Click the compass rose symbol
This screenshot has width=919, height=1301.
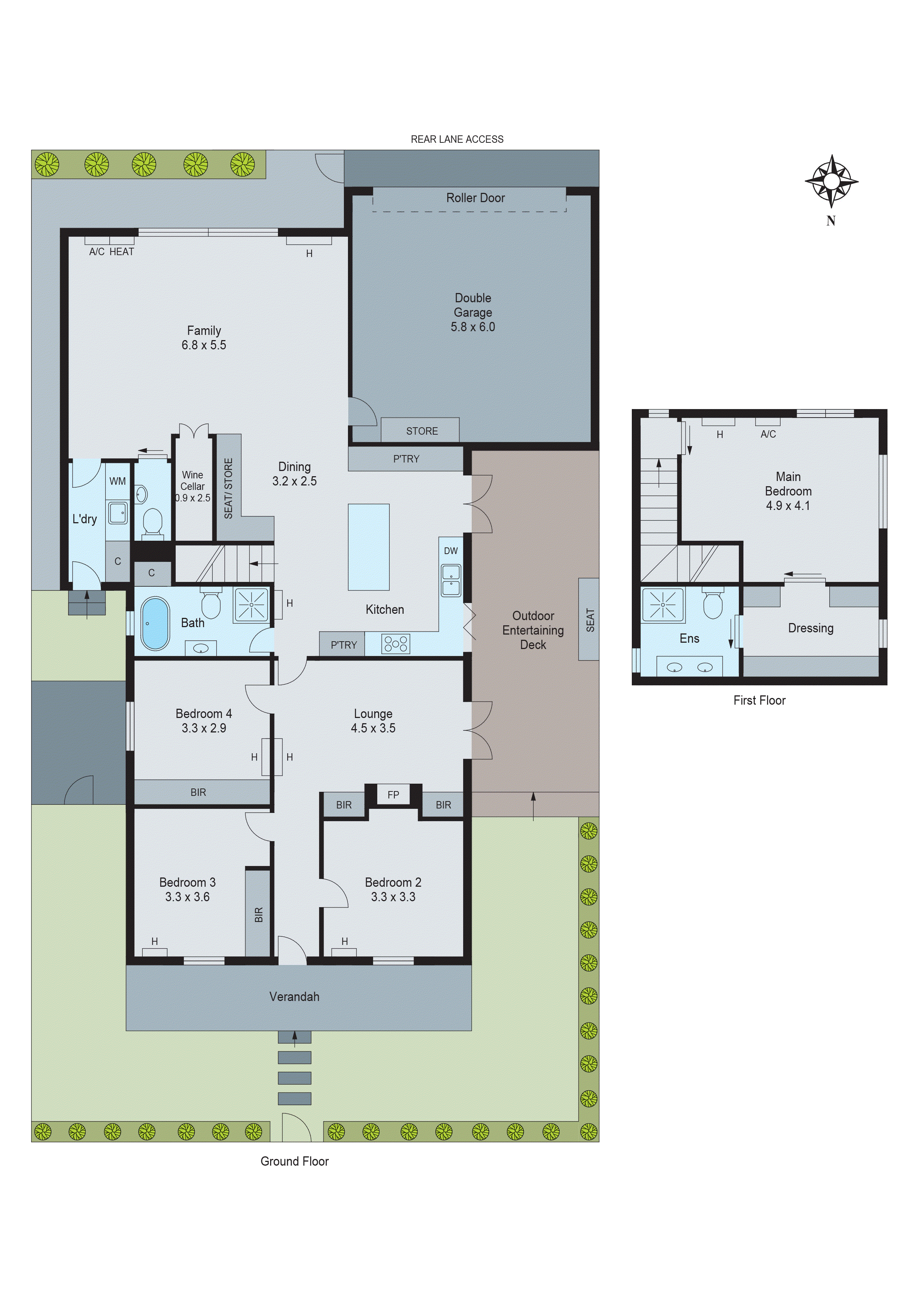coord(831,181)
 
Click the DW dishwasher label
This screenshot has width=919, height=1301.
coord(451,551)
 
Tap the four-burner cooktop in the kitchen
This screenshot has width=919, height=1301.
coord(396,644)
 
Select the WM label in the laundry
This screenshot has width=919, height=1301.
coord(118,481)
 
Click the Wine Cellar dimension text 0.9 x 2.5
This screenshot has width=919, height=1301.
coord(193,498)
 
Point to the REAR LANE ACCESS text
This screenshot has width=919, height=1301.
coord(457,139)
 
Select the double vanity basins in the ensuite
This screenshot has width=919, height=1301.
coord(689,668)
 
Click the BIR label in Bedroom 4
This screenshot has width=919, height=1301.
coord(198,792)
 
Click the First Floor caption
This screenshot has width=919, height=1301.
coord(759,700)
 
